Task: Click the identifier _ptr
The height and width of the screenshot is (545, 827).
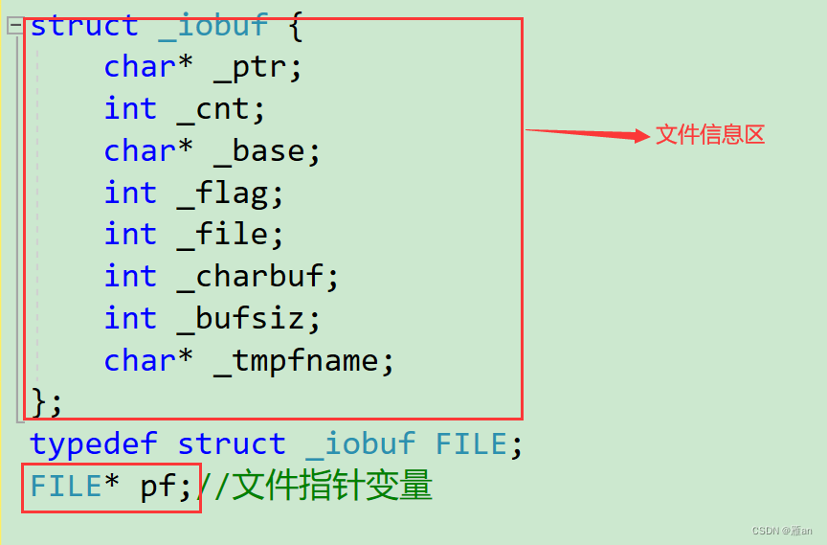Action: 257,67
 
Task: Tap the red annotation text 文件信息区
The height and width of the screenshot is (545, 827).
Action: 710,135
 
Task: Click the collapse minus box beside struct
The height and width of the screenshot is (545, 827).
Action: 15,26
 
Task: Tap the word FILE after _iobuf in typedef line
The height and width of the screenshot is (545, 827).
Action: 471,444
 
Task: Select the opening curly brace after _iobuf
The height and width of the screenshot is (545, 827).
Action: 296,26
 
